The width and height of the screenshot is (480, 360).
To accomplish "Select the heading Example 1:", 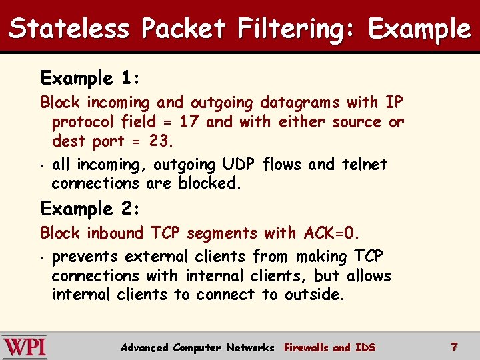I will tap(90, 79).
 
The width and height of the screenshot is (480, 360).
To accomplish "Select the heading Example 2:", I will tap(90, 209).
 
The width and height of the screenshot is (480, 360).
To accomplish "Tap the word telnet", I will tap(364, 165).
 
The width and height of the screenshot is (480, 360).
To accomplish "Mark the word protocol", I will tap(84, 123).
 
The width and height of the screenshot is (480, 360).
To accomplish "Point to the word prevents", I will tap(83, 257).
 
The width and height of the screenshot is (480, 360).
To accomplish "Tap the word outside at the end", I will tap(315, 295).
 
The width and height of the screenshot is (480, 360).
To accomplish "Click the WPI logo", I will tap(25, 347).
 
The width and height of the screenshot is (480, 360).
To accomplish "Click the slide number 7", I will tap(454, 347).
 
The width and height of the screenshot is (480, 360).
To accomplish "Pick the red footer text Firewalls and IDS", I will tap(329, 347).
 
